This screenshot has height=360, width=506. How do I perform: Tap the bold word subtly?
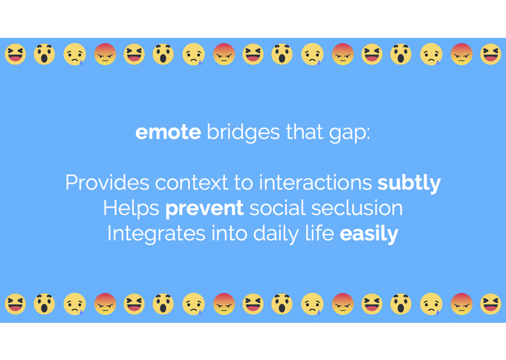(409, 183)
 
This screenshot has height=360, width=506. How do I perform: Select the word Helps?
(131, 208)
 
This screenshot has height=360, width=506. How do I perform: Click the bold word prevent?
(204, 209)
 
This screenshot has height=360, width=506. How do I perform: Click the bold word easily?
(369, 235)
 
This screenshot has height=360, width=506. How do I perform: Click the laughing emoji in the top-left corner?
(15, 54)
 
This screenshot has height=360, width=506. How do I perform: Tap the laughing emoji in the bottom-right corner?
(491, 303)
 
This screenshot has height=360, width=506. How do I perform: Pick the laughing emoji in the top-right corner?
(491, 54)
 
